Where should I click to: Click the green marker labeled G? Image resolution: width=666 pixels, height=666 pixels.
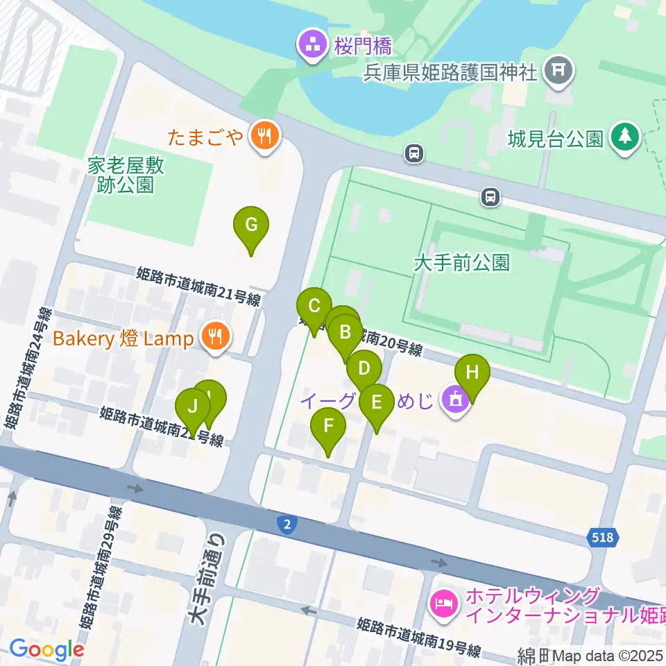pos(251,225)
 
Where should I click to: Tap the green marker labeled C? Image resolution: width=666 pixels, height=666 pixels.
pos(314,306)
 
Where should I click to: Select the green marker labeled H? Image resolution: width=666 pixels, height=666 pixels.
pos(472,372)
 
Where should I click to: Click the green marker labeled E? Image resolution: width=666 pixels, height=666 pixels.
pos(376,402)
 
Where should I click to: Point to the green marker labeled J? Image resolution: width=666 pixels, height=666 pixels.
pos(192,406)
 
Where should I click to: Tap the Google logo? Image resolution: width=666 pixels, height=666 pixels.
pos(46,649)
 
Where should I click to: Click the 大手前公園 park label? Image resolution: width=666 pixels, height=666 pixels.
pos(461,262)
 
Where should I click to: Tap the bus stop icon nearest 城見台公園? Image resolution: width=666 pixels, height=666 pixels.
pos(491,198)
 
